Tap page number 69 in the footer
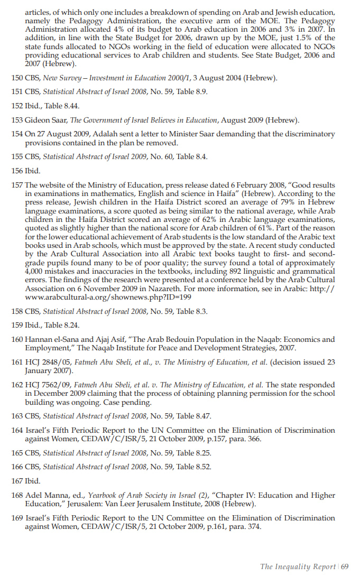tap(345, 567)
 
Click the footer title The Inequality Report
tap(298, 567)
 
